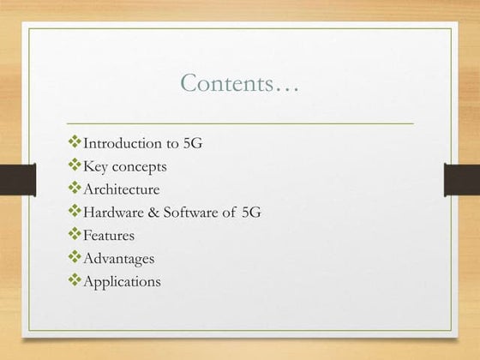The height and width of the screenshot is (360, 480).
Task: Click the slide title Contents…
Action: (x=239, y=83)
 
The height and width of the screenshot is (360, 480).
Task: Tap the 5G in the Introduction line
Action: (x=194, y=143)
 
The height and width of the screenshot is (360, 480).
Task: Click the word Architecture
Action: (x=121, y=189)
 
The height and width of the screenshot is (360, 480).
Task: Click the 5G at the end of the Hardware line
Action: (x=250, y=212)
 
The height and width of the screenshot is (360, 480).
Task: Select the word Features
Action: (x=108, y=235)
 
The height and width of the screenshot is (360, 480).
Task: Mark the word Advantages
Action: (x=118, y=258)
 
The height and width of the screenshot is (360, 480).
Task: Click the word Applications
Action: (x=121, y=281)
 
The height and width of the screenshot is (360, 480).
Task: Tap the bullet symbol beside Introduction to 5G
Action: (x=74, y=142)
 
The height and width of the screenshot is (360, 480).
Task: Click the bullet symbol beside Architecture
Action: (x=74, y=189)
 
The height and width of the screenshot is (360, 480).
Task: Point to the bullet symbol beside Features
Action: (x=74, y=234)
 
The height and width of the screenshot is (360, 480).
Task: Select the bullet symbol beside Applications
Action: (x=74, y=280)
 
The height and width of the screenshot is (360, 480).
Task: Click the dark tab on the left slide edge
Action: (x=17, y=180)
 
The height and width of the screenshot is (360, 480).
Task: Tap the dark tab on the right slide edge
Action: (x=462, y=180)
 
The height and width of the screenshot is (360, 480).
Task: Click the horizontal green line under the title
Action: (x=239, y=123)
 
